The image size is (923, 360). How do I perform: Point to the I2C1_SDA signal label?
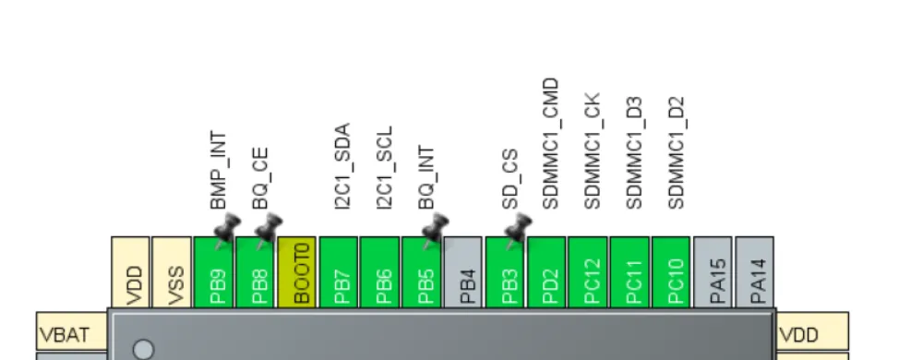click(x=342, y=165)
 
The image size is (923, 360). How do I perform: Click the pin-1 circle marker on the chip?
click(x=143, y=349)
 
